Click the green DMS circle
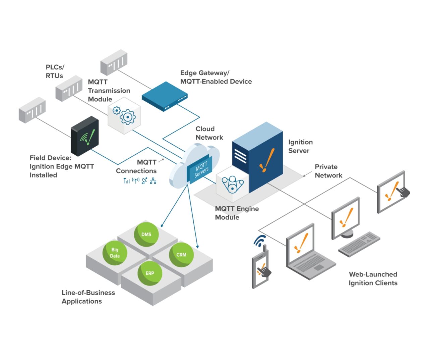click(x=146, y=234)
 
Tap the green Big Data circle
click(x=115, y=253)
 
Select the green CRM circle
click(x=181, y=255)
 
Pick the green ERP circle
click(x=150, y=273)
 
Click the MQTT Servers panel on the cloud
click(x=201, y=169)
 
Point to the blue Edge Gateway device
click(x=164, y=96)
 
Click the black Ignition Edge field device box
click(x=85, y=136)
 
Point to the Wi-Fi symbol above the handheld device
click(x=260, y=241)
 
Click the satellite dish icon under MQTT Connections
click(x=144, y=181)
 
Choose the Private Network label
click(x=328, y=171)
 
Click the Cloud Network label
click(x=209, y=133)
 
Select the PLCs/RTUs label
click(x=55, y=71)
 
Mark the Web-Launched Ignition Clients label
click(x=373, y=279)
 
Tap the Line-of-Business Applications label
click(x=88, y=297)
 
